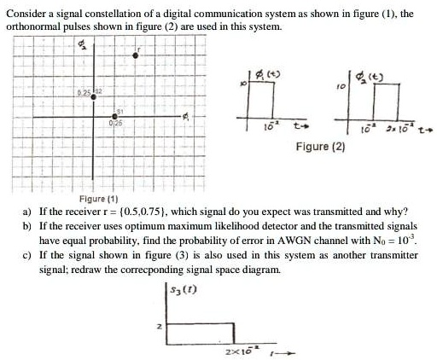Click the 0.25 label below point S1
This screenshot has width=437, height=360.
(117, 124)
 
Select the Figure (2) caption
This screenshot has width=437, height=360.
(320, 147)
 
